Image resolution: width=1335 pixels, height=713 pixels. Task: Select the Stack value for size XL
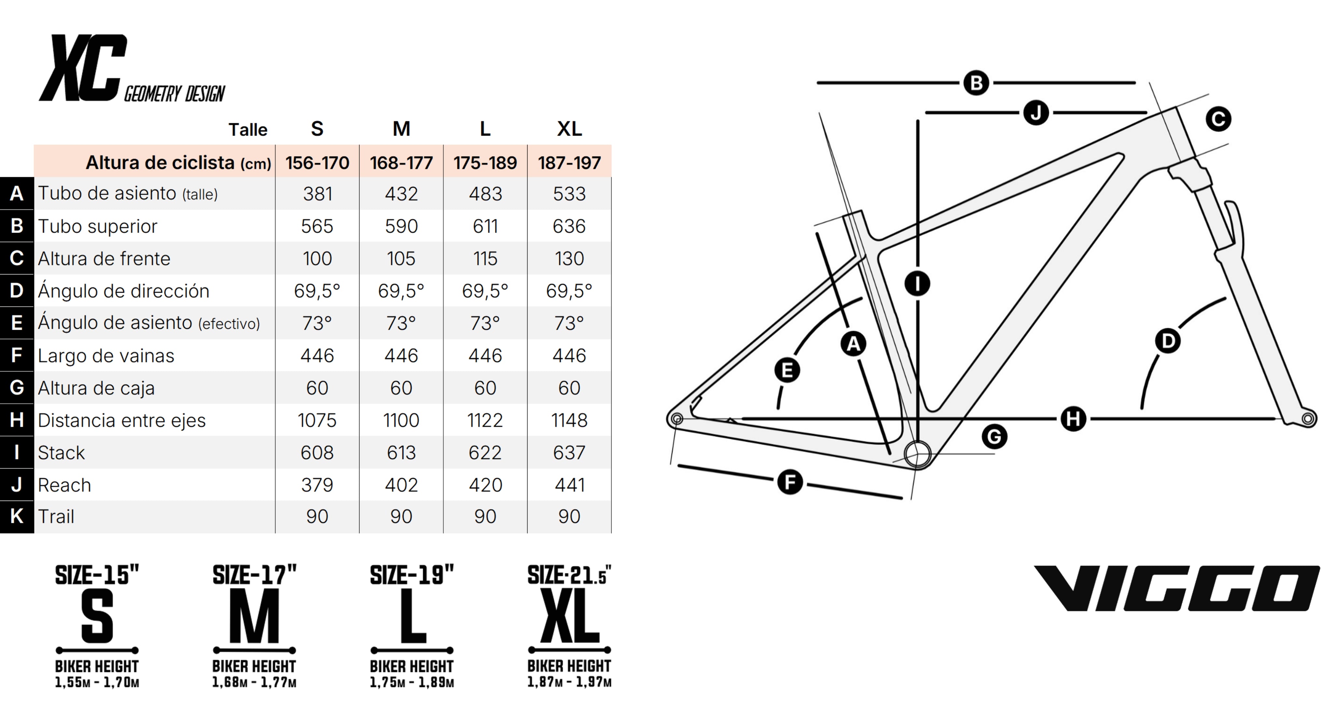coord(569,452)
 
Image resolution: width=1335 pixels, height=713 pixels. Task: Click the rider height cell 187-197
coord(569,163)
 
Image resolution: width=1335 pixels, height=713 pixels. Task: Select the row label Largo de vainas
coord(106,356)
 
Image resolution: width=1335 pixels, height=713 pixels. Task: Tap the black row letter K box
coord(17,516)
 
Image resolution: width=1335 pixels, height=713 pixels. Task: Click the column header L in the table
coord(485,128)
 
